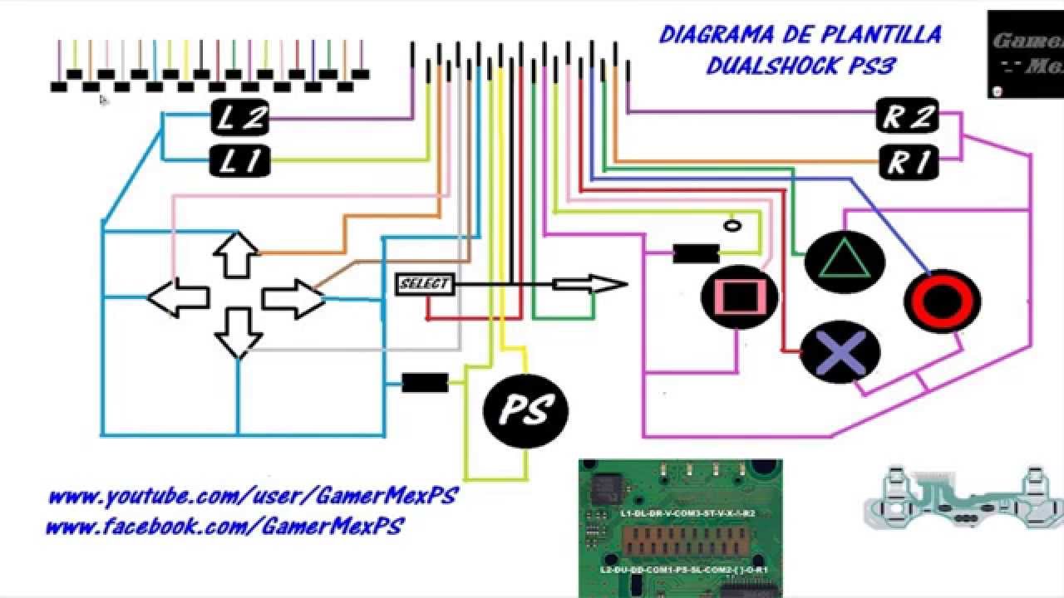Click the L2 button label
[x=241, y=119]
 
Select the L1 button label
[x=241, y=160]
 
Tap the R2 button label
[x=908, y=117]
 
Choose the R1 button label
[x=908, y=161]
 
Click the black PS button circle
[x=525, y=409]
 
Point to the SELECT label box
[x=424, y=284]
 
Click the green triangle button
[x=845, y=262]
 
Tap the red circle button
[x=943, y=300]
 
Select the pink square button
[x=740, y=297]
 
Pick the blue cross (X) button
[x=840, y=351]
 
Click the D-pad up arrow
[x=237, y=253]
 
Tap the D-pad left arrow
[x=178, y=297]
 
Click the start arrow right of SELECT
[x=590, y=285]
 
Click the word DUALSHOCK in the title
[x=776, y=66]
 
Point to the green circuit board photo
[x=680, y=527]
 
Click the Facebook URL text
[x=224, y=527]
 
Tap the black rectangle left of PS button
[x=425, y=383]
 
